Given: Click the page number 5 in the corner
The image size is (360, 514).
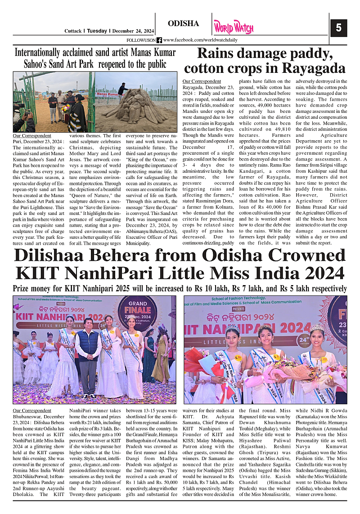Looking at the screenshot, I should click(x=338, y=28).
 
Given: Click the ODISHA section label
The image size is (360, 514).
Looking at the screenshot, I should click(x=183, y=23).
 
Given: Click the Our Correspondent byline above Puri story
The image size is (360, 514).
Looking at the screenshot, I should click(x=31, y=135).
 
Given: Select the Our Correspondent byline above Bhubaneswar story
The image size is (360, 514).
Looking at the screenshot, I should click(x=31, y=411).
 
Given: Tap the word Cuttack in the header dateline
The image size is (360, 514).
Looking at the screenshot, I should click(x=72, y=31).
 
